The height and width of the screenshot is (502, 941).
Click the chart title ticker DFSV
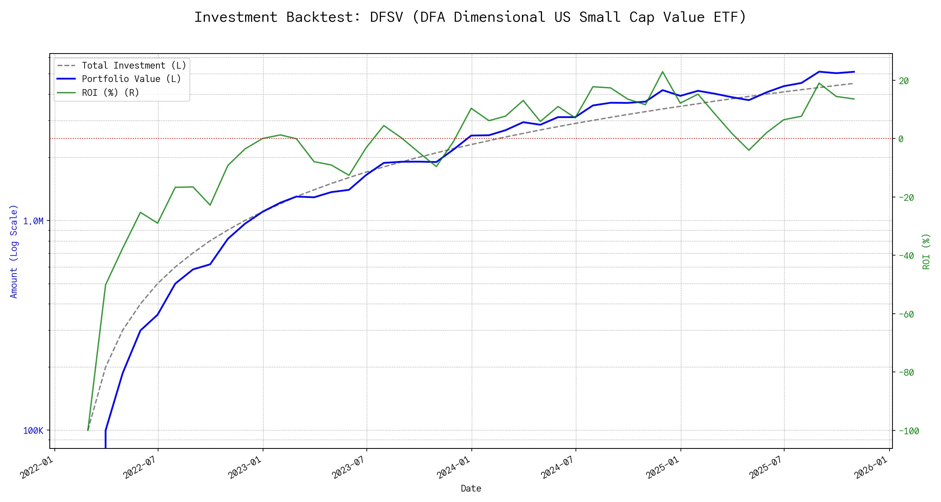386,17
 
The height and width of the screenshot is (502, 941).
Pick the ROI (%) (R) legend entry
110,92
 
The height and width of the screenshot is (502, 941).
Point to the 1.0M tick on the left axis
33,221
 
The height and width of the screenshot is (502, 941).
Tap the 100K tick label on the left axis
33,430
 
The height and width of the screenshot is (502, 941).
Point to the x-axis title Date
470,488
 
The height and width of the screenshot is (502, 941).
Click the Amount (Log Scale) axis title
14,251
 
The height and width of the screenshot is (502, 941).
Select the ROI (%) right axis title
926,251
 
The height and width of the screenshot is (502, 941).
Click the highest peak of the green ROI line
662,72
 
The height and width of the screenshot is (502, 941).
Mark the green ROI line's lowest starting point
88,430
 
